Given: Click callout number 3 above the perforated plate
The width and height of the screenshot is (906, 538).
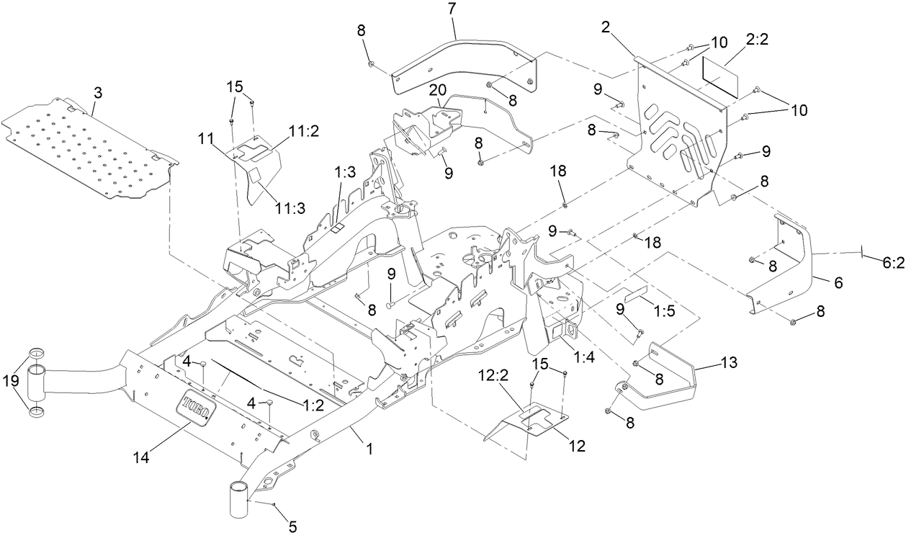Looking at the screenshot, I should (x=98, y=93).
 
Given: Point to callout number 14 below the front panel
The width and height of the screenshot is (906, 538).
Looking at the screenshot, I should (x=143, y=456).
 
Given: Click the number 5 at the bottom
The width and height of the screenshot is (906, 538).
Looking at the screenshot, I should (x=292, y=526).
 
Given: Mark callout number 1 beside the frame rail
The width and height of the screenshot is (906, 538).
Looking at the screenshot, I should (x=369, y=449).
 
